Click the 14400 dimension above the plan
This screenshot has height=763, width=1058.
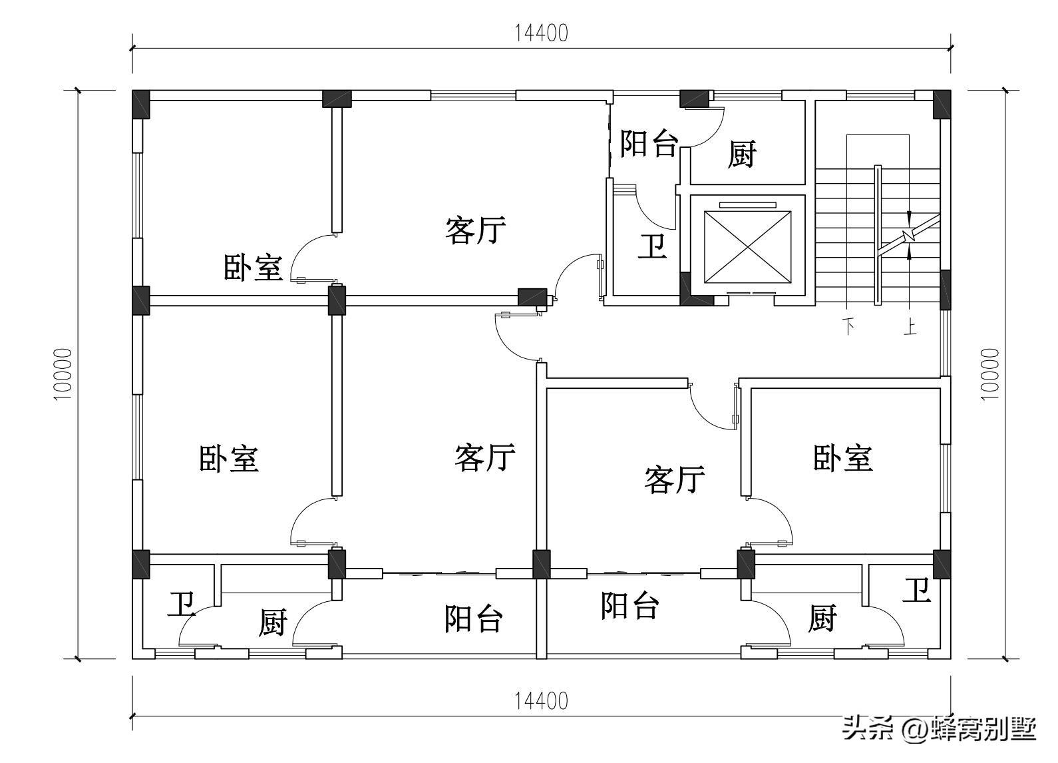tap(541, 33)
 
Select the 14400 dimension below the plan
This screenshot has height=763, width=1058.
tap(541, 700)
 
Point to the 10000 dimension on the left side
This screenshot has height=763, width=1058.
tap(62, 374)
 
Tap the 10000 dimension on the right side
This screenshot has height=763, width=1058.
tap(989, 374)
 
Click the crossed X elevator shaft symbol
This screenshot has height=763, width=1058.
tap(748, 246)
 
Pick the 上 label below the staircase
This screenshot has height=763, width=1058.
tap(910, 327)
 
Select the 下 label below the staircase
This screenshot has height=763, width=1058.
tap(849, 327)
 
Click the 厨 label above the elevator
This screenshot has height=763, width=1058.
tap(741, 154)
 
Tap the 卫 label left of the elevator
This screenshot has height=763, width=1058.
tap(651, 246)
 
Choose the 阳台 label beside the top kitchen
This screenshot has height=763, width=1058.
tap(648, 143)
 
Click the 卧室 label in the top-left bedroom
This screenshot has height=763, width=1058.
tap(252, 268)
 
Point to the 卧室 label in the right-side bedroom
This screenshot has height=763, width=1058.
tap(842, 458)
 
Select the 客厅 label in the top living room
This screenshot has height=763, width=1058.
tap(475, 230)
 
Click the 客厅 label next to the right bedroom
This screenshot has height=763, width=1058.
tap(673, 479)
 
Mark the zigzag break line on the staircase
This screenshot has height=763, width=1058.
tap(910, 235)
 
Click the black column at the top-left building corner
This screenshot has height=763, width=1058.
tap(141, 105)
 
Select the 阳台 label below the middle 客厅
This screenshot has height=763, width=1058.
tap(473, 619)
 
